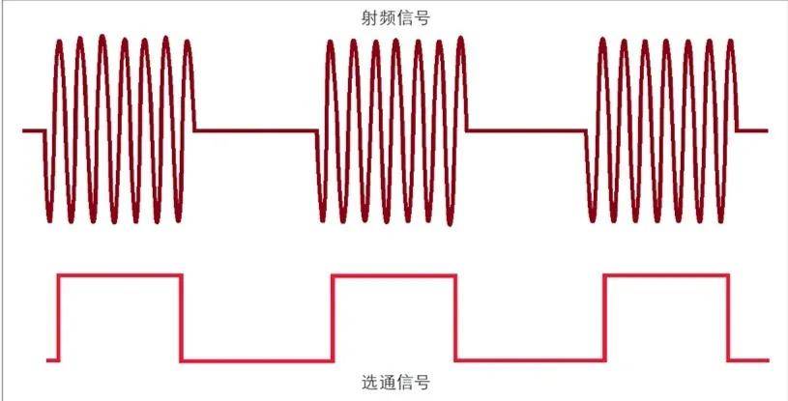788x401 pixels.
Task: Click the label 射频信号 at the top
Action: point(394,17)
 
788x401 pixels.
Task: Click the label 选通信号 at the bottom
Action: point(394,384)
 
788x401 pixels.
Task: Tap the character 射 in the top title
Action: point(368,17)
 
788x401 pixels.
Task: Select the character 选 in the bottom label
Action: point(368,384)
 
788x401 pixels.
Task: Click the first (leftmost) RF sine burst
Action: point(120,129)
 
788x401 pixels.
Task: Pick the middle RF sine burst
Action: point(392,129)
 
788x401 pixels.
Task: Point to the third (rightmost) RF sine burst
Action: point(662,129)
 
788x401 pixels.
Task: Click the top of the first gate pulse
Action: point(120,275)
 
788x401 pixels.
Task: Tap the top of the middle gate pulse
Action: point(393,275)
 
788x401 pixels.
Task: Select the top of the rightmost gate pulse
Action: point(666,275)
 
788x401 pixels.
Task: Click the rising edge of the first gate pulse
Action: point(59,318)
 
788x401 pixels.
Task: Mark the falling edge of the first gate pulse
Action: point(182,318)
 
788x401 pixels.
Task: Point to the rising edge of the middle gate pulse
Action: point(333,318)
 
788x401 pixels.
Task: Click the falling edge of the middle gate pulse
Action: point(454,318)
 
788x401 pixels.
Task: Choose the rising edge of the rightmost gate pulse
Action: point(604,318)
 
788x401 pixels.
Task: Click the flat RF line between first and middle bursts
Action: point(256,129)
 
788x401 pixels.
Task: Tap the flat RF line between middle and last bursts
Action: point(527,129)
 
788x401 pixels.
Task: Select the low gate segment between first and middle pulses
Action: point(257,360)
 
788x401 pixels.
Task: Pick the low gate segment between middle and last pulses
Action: point(529,360)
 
